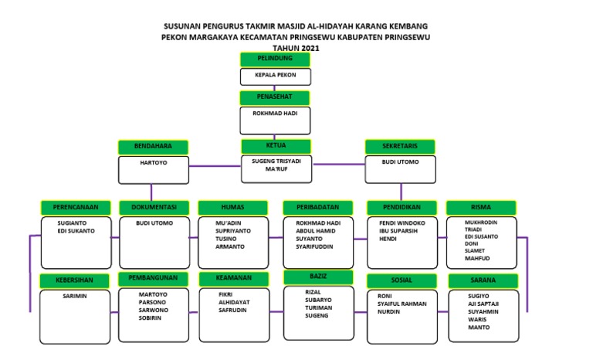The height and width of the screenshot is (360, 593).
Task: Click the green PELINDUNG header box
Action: click(x=275, y=59)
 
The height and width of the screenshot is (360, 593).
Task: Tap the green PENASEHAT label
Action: click(x=275, y=98)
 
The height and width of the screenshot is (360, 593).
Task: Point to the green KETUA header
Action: click(x=276, y=147)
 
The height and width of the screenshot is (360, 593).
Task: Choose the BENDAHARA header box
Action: click(x=153, y=147)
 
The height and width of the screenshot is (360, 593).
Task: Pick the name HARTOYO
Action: click(x=153, y=163)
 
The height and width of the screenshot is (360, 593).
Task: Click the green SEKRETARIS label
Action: click(x=400, y=147)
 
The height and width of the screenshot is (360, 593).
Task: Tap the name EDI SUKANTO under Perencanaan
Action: click(x=76, y=230)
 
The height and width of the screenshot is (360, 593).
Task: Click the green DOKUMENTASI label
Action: click(x=154, y=207)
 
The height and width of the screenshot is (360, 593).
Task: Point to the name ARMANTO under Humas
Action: click(x=229, y=246)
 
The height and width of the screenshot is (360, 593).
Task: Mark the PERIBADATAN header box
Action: click(x=317, y=207)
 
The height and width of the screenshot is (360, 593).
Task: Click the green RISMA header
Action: click(x=480, y=207)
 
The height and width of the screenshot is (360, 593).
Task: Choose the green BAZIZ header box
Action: click(x=317, y=277)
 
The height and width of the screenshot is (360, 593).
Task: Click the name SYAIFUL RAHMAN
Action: click(x=402, y=304)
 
